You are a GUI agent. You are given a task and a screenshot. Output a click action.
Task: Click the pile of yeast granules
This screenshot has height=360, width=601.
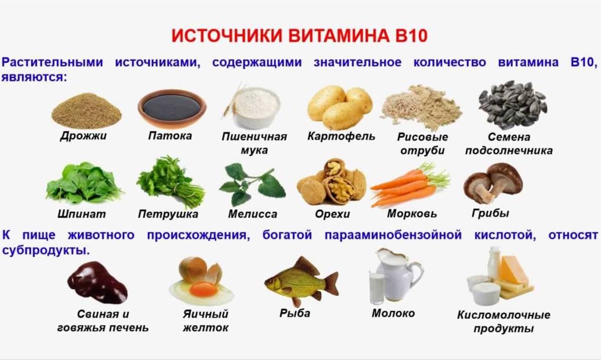pos(86,111)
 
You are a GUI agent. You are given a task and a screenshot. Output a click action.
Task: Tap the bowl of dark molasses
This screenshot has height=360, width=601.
pos(172,108)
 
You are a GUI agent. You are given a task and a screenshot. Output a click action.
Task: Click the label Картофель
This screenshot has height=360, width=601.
pos(341,136)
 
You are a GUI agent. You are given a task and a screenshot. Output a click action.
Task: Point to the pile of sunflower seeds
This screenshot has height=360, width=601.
pos(512,105)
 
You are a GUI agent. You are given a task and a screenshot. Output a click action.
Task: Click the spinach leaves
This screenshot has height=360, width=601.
pos(83,183)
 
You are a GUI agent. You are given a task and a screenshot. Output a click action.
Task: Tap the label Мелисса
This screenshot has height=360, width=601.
pos(252,214)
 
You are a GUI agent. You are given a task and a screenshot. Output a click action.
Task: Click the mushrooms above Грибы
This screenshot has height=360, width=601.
pos(493,183)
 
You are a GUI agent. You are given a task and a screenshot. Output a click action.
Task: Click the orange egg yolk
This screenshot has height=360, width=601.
pos(204,289)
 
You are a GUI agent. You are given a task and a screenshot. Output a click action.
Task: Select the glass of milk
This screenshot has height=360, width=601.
pos(377,288)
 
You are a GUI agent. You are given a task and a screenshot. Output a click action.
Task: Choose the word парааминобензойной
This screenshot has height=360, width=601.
pos(393,235)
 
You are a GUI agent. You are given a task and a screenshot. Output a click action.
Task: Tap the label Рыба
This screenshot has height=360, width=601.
pos(295,313)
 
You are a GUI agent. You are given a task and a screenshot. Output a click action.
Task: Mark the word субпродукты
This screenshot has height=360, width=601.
pos(46,251)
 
